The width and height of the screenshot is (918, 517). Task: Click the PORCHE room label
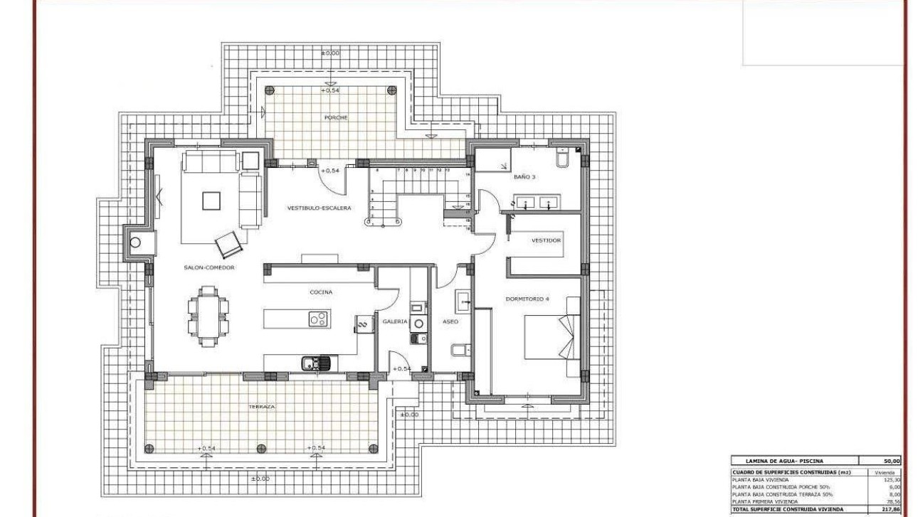[334, 117]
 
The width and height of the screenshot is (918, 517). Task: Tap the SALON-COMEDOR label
[209, 267]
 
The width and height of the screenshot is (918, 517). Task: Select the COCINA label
[320, 292]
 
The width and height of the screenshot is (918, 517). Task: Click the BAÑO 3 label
[524, 177]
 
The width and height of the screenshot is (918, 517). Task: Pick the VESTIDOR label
[546, 240]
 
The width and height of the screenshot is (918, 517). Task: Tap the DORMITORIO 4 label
[527, 299]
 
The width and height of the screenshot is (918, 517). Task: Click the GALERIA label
[395, 321]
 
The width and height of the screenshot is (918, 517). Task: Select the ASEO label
[450, 321]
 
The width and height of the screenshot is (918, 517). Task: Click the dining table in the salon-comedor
[209, 316]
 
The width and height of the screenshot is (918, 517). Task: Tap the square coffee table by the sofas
[211, 201]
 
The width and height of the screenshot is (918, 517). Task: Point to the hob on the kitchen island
[318, 319]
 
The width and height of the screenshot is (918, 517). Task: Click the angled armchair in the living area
[228, 245]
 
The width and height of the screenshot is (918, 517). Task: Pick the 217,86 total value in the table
[890, 509]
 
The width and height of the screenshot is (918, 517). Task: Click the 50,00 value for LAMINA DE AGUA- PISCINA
[891, 462]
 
